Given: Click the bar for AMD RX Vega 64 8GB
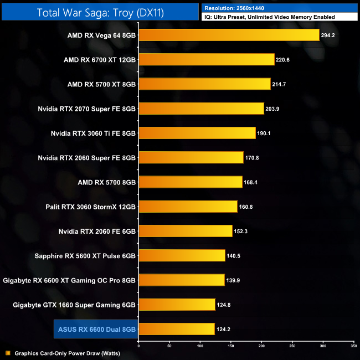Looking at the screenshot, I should click(229, 35).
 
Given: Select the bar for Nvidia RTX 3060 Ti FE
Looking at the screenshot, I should click(197, 133).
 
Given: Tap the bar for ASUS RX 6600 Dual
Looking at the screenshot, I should click(176, 329).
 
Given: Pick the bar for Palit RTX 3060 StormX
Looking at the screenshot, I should click(188, 207).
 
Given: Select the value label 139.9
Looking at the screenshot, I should click(234, 280).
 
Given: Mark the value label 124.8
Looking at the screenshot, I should click(224, 305).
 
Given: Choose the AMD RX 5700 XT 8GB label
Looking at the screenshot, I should click(101, 84).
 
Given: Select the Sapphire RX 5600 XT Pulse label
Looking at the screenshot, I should click(91, 255).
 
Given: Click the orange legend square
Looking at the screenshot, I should click(8, 353).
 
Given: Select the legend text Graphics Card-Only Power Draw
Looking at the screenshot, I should click(67, 353).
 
